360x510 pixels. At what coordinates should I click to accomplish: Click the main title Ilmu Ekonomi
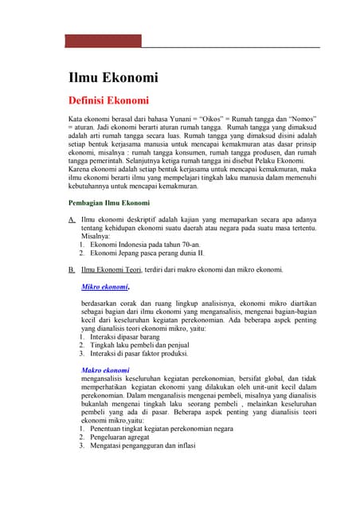pyautogui.click(x=112, y=77)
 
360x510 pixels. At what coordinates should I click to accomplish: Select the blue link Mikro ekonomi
pyautogui.click(x=105, y=286)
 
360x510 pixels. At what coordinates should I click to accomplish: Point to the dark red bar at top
pyautogui.click(x=103, y=41)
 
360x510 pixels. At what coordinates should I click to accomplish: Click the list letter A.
pyautogui.click(x=72, y=219)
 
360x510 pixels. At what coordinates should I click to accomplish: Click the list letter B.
pyautogui.click(x=72, y=269)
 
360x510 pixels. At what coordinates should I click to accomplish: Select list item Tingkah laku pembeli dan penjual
pyautogui.click(x=142, y=345)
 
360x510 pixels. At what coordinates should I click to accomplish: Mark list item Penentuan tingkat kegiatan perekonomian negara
pyautogui.click(x=162, y=428)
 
